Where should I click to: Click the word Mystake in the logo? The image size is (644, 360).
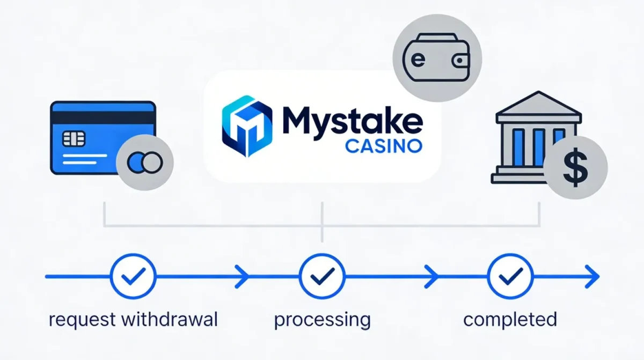coord(349,121)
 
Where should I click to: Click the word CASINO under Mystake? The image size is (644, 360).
coord(383,146)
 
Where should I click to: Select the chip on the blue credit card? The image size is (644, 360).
coord(74,139)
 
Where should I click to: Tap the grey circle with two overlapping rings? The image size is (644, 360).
coord(144,161)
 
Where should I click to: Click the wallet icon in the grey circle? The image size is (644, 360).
coord(437,59)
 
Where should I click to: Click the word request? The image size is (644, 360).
coord(82,321)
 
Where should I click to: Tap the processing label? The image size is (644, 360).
coord(322,321)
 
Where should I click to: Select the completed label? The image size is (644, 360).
coord(510,320)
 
